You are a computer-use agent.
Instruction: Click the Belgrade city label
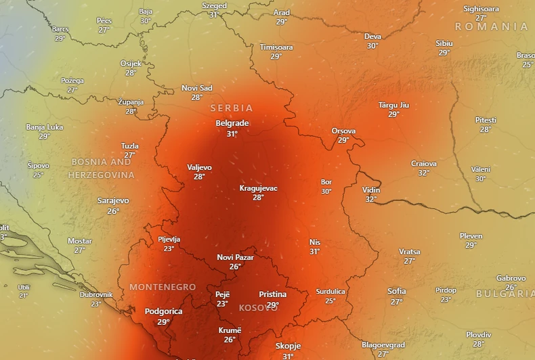click(232, 123)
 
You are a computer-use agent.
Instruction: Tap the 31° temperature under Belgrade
click(232, 134)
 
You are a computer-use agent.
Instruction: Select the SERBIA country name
click(232, 108)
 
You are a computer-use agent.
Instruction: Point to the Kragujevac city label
click(258, 188)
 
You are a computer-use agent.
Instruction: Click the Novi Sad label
click(196, 88)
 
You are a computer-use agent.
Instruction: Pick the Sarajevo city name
click(113, 200)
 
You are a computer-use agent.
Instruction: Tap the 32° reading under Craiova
click(424, 173)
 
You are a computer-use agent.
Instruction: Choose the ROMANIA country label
click(491, 26)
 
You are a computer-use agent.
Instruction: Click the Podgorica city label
click(163, 311)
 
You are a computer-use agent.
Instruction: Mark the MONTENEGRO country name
click(163, 287)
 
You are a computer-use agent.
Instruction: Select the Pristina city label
click(272, 294)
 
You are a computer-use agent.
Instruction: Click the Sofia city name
click(397, 291)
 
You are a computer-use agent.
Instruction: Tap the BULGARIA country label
click(505, 294)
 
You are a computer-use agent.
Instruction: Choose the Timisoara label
click(276, 47)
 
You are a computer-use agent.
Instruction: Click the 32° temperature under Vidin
click(371, 200)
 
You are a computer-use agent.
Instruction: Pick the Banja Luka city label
click(44, 127)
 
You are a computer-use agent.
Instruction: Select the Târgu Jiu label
click(393, 105)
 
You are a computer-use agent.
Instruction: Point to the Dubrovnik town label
click(95, 294)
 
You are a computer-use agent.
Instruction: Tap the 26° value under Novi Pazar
click(235, 267)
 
